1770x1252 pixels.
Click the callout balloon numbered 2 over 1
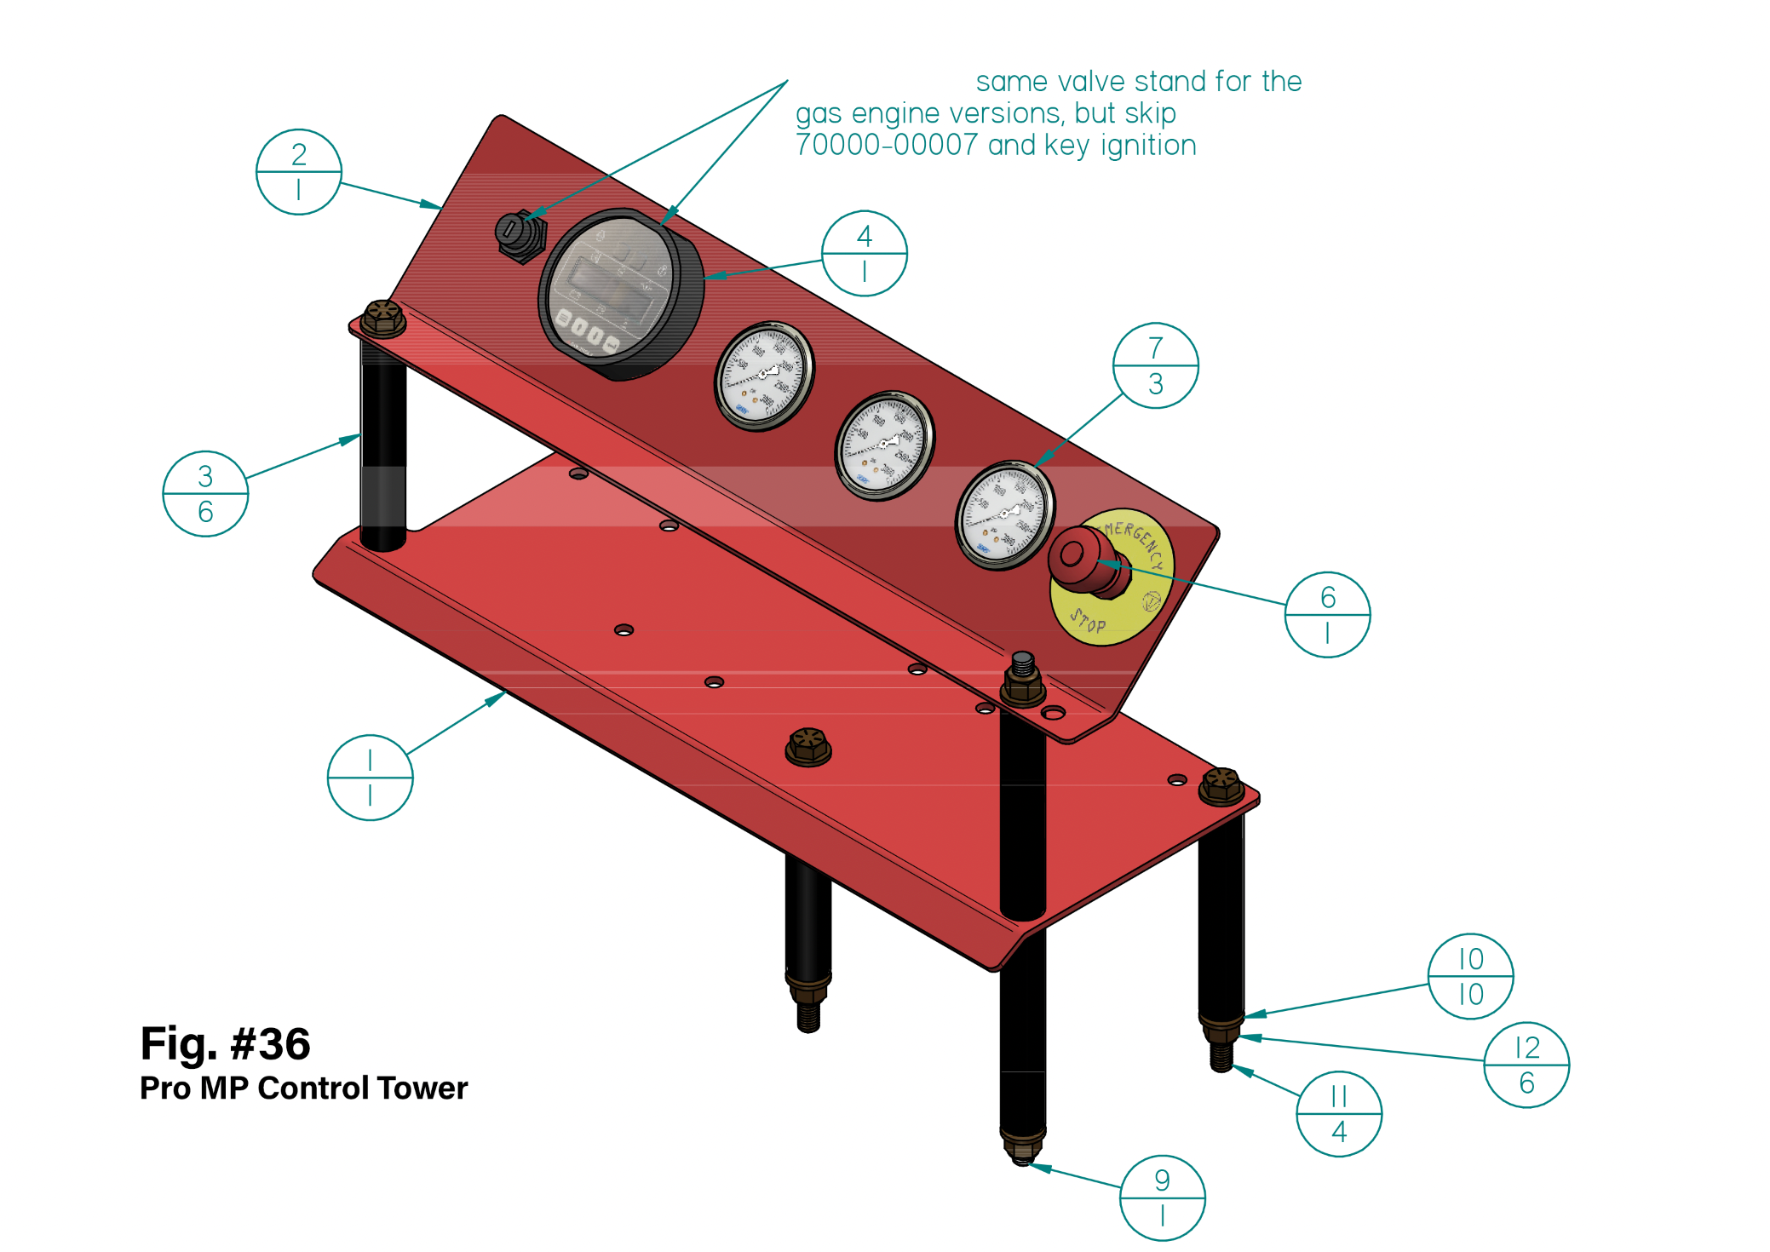298,172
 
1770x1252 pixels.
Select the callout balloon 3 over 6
205,494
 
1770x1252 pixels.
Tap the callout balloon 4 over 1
864,254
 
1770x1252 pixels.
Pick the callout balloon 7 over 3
1155,365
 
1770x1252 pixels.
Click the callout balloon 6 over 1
1327,615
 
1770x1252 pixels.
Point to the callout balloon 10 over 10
1470,976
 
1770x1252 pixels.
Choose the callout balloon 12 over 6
1526,1065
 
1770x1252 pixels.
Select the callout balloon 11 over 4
1338,1114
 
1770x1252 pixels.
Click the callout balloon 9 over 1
1162,1197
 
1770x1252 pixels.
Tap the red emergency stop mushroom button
1080,558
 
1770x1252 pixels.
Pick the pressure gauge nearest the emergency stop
1005,514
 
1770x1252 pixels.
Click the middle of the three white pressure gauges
884,445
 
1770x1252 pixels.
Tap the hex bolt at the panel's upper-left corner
382,318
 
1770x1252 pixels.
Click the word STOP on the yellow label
1088,622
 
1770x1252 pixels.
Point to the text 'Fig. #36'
225,1043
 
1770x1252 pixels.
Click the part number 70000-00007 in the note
886,146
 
